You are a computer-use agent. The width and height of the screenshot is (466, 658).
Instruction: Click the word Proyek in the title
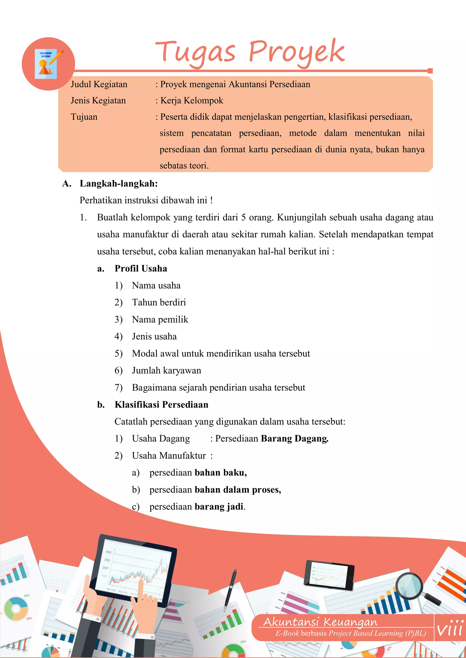(x=297, y=52)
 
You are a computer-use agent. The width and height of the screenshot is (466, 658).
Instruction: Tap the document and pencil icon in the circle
(x=48, y=64)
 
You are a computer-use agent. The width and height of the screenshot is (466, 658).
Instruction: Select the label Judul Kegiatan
(x=99, y=84)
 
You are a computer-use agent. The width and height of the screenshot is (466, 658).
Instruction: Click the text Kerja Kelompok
(x=191, y=101)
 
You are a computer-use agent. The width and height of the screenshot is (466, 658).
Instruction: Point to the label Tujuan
(x=84, y=117)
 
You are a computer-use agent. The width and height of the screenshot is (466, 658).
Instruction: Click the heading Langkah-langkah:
(x=119, y=183)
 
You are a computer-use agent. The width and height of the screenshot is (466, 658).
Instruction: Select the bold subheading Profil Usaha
(x=141, y=269)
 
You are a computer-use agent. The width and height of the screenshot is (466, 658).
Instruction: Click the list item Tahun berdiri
(x=159, y=302)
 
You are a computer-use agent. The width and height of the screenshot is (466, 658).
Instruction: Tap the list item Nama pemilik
(x=160, y=319)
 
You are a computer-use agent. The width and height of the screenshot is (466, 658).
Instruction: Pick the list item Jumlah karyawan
(x=166, y=371)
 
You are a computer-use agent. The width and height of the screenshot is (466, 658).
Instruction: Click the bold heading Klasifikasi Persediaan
(x=161, y=405)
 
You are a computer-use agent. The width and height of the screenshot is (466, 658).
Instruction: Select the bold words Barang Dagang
(x=294, y=439)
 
